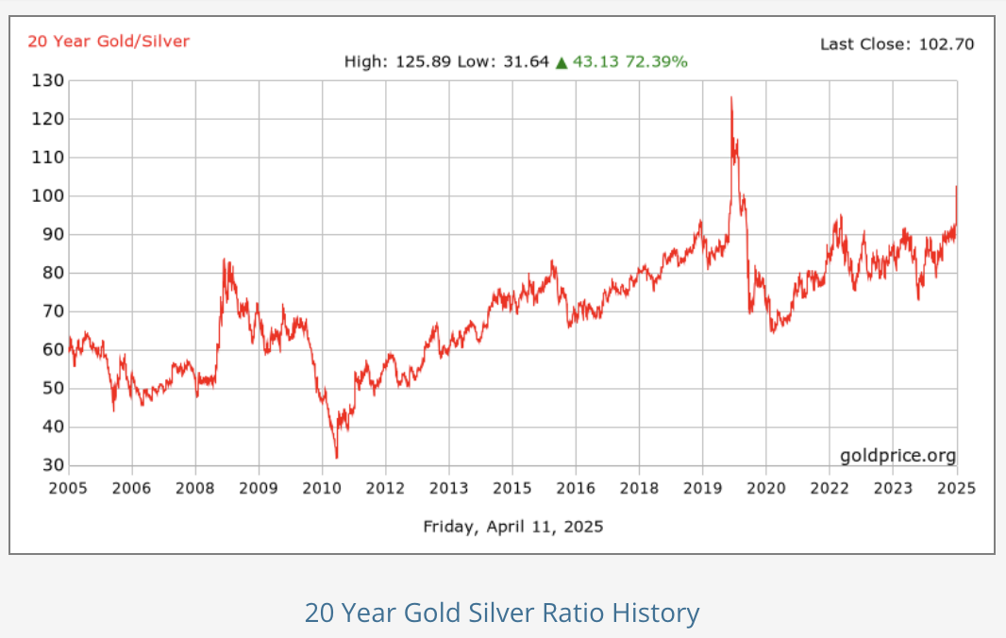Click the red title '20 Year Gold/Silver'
109,41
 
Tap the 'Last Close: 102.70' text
897,43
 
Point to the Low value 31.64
524,62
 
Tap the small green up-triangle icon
562,62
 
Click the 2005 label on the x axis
68,488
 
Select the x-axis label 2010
322,488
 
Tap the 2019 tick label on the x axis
702,488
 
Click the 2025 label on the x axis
956,488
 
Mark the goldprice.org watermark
897,456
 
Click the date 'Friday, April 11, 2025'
512,526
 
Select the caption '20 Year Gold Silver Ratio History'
502,613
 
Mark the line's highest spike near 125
730,97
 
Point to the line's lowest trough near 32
336,458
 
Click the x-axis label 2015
511,488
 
